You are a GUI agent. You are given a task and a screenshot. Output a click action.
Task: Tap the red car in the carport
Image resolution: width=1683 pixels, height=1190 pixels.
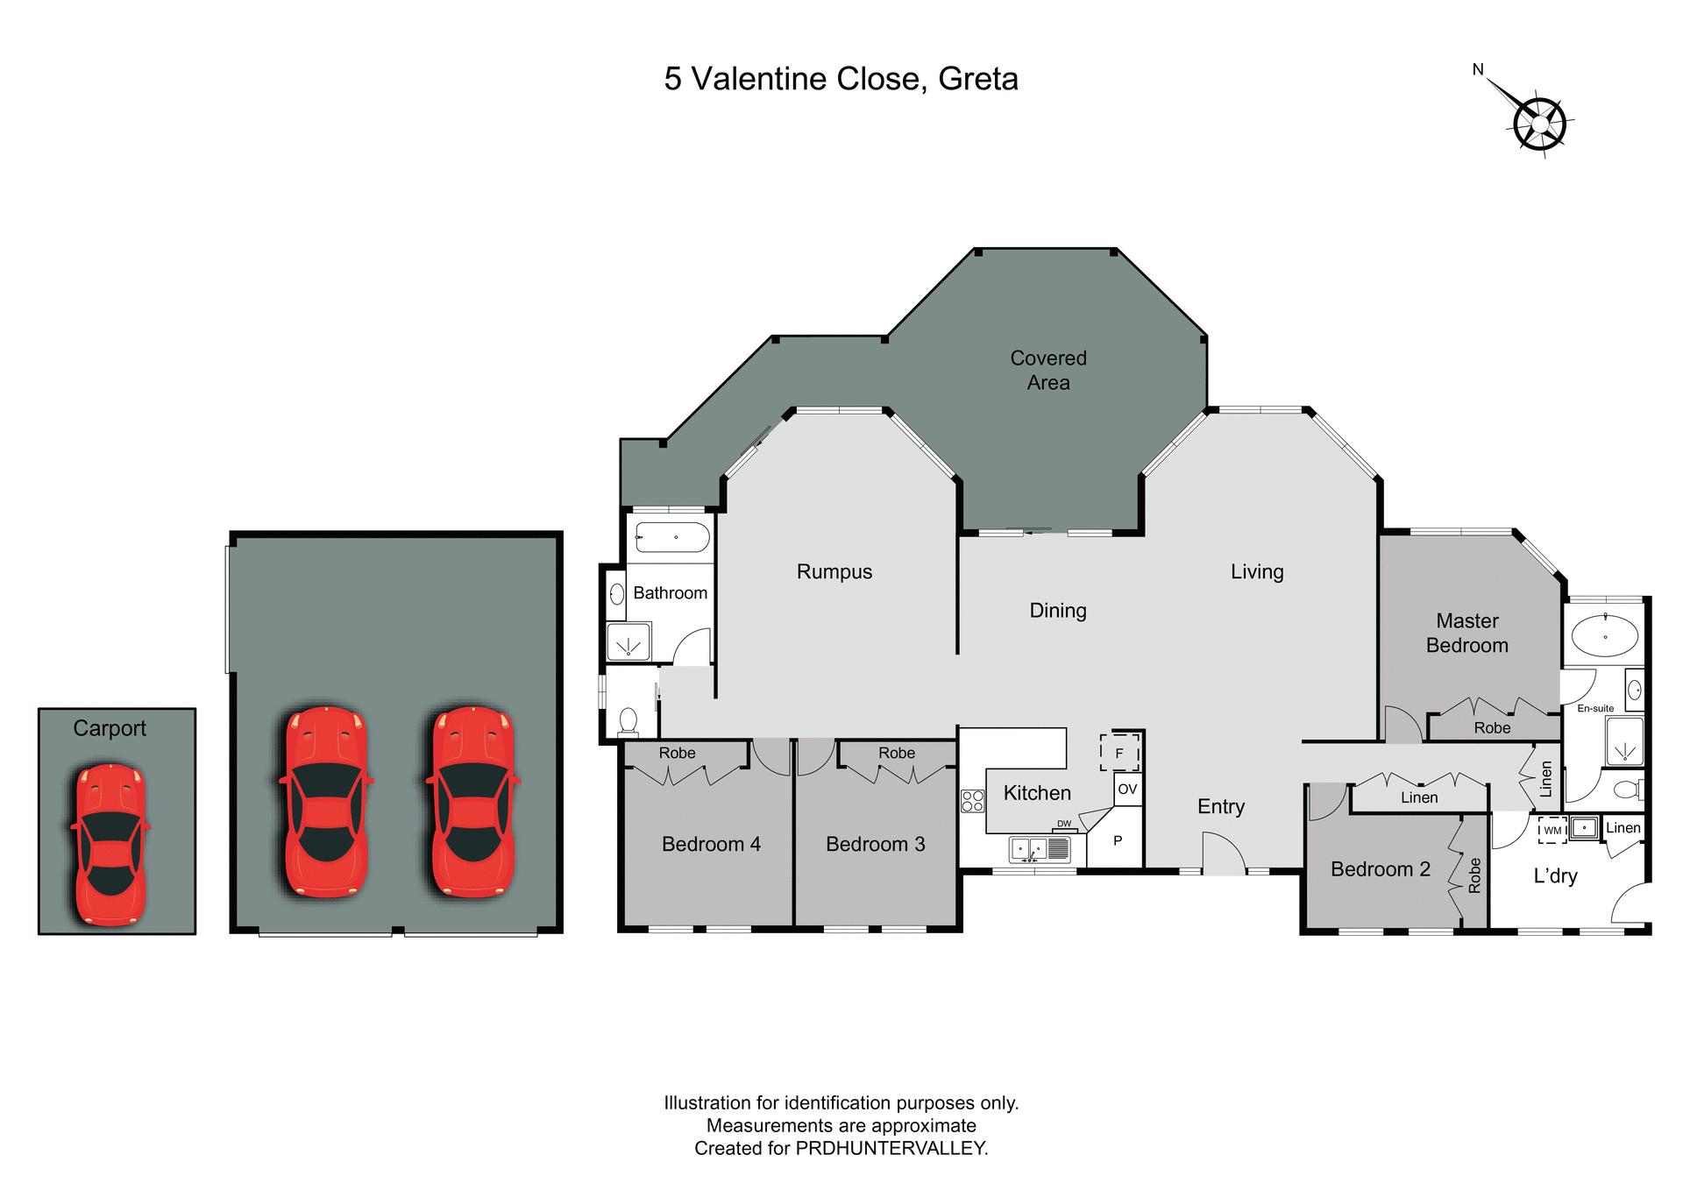(x=110, y=844)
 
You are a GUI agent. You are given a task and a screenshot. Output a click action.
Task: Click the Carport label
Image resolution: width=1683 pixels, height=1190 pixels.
(x=110, y=728)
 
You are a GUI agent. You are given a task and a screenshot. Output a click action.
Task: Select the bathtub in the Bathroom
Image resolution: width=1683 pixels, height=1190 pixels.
(x=672, y=537)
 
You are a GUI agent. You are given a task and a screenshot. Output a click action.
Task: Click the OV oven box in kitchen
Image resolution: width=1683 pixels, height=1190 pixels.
(x=1127, y=789)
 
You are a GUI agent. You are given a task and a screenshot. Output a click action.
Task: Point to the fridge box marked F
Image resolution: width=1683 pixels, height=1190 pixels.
(x=1119, y=753)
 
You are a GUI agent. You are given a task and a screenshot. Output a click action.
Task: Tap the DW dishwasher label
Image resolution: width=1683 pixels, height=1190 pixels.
(x=1064, y=824)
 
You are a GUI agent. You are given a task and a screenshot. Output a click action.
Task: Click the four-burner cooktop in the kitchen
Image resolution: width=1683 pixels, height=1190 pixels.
(x=973, y=801)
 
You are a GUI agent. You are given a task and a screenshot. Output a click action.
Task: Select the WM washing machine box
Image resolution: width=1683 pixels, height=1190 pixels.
(x=1552, y=830)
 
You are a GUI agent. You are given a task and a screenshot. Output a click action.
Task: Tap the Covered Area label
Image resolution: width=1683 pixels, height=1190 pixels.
(x=1048, y=370)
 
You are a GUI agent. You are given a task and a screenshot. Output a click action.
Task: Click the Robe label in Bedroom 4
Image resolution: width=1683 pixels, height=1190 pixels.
(x=677, y=753)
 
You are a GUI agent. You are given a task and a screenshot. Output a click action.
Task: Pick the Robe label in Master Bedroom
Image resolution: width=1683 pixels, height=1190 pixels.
(x=1492, y=727)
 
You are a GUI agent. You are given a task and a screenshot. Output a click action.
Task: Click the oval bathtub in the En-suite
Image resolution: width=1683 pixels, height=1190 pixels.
(x=1605, y=636)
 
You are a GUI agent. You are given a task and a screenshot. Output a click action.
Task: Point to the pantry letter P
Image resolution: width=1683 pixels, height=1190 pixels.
(x=1118, y=840)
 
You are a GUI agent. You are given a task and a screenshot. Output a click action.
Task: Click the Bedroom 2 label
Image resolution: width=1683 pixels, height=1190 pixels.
(x=1380, y=869)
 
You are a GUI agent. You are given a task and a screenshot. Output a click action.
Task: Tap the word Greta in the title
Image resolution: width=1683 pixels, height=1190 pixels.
(x=978, y=79)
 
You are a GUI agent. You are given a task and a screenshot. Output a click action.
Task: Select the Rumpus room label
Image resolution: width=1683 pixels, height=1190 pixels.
(x=834, y=571)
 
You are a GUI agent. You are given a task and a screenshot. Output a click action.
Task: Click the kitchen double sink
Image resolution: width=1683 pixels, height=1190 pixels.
(x=1029, y=849)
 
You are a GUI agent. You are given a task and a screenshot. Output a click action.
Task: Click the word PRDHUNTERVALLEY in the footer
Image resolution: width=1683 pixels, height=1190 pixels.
(x=891, y=1148)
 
